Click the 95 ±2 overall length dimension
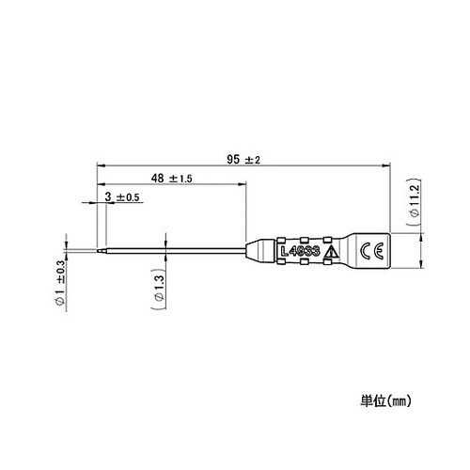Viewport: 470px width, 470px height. tap(243, 158)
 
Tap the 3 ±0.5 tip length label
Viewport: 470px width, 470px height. tap(123, 196)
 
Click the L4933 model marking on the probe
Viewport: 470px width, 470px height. tap(300, 252)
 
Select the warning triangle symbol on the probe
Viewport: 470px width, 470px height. tap(330, 252)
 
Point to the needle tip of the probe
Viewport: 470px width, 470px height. tap(97, 251)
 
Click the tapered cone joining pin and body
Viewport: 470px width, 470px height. tap(254, 251)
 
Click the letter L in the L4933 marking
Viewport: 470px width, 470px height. tap(283, 252)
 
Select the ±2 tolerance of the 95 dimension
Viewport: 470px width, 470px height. tap(252, 158)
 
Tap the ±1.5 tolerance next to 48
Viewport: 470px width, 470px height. tap(181, 178)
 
